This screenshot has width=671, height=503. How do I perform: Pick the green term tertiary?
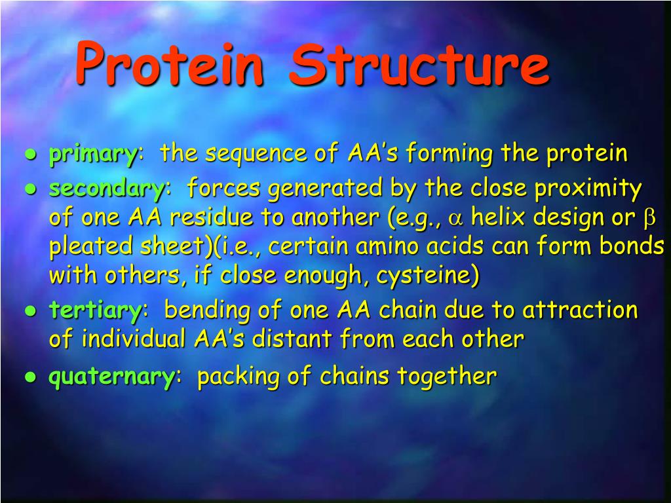tap(95, 310)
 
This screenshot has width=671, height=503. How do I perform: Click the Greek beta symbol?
tap(649, 219)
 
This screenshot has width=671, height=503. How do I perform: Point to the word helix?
tap(499, 218)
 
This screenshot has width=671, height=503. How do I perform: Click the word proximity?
tap(588, 189)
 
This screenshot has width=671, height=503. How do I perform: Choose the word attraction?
tap(579, 310)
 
